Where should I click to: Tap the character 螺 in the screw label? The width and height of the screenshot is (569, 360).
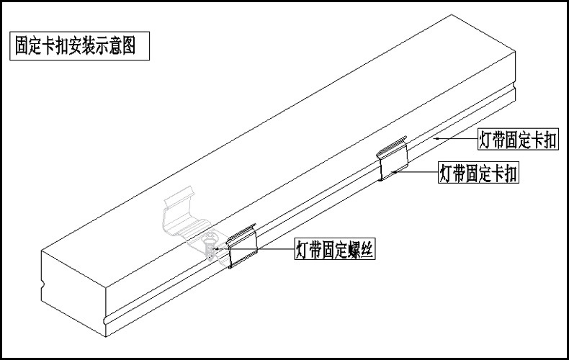pyautogui.click(x=355, y=250)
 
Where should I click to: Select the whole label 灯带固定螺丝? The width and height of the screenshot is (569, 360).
pyautogui.click(x=336, y=250)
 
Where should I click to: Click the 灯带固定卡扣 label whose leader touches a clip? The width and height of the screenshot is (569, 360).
pyautogui.click(x=479, y=174)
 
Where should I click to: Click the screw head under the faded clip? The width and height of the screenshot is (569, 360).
pyautogui.click(x=210, y=248)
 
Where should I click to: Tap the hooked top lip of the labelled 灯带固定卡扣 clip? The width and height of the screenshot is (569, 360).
pyautogui.click(x=391, y=148)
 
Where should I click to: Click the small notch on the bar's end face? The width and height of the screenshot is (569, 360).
pyautogui.click(x=45, y=296)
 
